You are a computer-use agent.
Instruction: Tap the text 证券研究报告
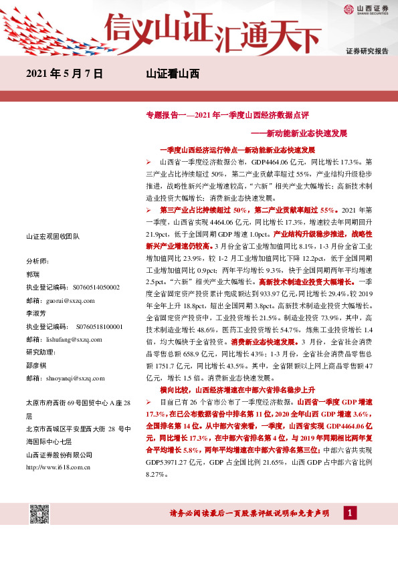(367, 51)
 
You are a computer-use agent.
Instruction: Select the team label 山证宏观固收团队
(52, 236)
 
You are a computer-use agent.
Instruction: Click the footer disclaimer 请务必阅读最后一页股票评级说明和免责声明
(251, 513)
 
